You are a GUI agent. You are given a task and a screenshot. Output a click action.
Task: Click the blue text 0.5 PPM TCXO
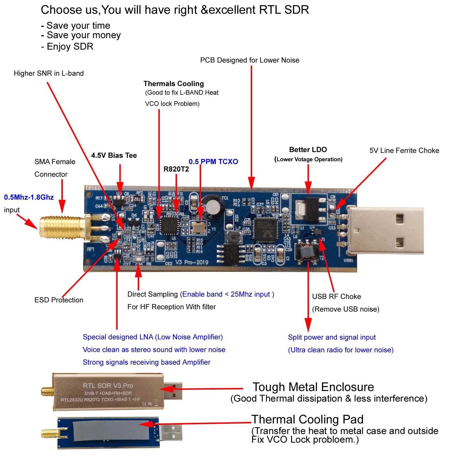(x=213, y=162)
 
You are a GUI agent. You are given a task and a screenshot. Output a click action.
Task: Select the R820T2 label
(x=176, y=169)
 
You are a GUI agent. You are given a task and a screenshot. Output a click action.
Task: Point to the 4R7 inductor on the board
(x=234, y=237)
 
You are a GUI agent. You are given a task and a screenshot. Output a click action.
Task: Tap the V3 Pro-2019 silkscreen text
(x=192, y=262)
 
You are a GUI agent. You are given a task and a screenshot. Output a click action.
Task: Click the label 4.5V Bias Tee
(x=114, y=155)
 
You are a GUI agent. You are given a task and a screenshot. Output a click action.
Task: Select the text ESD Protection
(x=59, y=300)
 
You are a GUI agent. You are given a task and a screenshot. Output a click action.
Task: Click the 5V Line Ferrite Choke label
(x=404, y=151)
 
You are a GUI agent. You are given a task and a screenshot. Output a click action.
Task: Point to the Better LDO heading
(x=308, y=150)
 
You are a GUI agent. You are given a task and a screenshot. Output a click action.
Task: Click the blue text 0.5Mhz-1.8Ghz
(x=29, y=197)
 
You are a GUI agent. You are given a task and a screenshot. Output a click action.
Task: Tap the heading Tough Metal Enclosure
(x=313, y=387)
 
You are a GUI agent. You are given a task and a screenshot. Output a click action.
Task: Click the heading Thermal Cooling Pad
(x=307, y=419)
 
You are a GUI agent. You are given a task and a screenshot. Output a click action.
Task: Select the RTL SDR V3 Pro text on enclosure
(x=108, y=386)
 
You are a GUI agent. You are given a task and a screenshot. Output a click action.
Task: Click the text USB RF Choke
(x=336, y=296)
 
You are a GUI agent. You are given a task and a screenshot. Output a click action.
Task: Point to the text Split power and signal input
(x=332, y=337)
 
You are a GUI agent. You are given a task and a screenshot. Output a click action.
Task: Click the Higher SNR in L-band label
(x=49, y=73)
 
